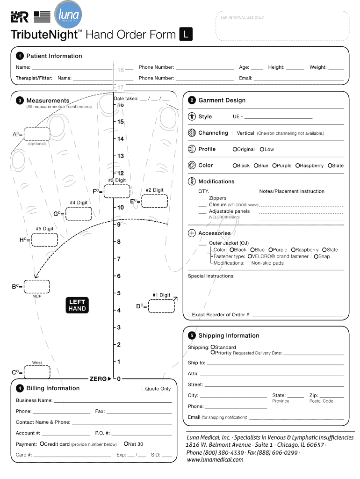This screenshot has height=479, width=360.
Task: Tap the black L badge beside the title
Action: click(186, 35)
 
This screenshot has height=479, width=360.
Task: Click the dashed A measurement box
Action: click(37, 134)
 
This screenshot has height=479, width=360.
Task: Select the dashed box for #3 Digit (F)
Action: click(117, 191)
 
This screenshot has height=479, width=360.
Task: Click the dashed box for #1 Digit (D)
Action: click(161, 306)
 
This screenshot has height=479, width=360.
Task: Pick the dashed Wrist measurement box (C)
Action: click(37, 372)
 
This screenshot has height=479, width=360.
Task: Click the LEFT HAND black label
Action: click(77, 305)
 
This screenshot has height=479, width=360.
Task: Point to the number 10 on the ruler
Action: click(120, 207)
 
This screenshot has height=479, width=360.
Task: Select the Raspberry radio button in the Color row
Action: click(297, 166)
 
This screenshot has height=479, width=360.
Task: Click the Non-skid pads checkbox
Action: click(249, 263)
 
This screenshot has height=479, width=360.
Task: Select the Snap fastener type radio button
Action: click(316, 256)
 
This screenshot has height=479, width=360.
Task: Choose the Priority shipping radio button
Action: click(213, 353)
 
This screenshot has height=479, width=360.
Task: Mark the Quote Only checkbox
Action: click(143, 389)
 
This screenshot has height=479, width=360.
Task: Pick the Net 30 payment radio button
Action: click(126, 444)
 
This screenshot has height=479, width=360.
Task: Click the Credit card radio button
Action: click(42, 444)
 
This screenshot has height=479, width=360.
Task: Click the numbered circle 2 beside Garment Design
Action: click(192, 101)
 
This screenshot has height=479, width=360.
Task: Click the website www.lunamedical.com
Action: click(215, 460)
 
